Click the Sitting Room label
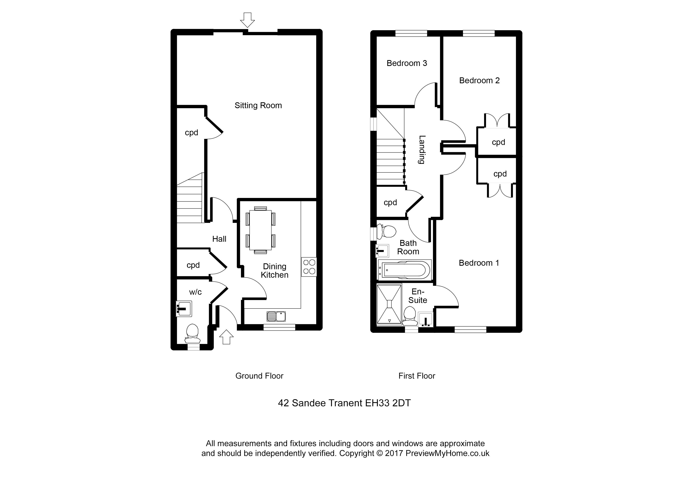[258, 106]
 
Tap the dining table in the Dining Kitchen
[260, 230]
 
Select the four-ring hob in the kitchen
[309, 267]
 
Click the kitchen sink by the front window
[276, 316]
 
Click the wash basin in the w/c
[184, 308]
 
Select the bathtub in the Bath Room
[404, 270]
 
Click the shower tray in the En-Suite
[389, 304]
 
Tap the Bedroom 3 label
[407, 63]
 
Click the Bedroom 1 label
[479, 263]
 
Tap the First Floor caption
[417, 376]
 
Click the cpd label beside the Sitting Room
[191, 133]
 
